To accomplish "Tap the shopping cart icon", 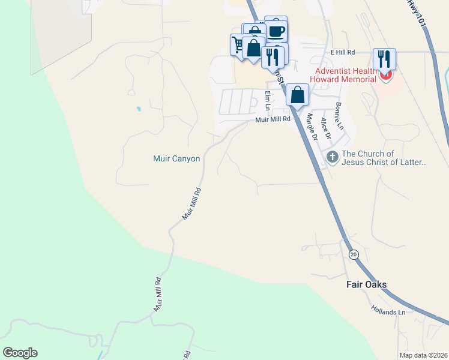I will coord(238,44).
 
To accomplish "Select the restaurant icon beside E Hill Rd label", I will coord(384,58).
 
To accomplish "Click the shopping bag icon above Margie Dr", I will coord(297,94).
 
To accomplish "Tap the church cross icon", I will coord(333,158).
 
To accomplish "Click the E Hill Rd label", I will coord(343,52).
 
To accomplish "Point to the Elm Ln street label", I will coord(268,100).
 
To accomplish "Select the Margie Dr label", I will coord(312,126).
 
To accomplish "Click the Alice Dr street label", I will coord(325,128).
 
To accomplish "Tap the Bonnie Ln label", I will coord(339,116).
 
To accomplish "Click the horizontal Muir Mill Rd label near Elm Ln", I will coord(273,119).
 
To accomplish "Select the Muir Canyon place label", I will coord(176,159).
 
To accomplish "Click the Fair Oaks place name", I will coord(367,284).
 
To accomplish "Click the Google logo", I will coord(20,353).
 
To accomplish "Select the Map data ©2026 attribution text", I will coord(423,355).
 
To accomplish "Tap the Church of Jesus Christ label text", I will coord(385,158).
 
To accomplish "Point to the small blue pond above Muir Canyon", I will coord(139,109).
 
